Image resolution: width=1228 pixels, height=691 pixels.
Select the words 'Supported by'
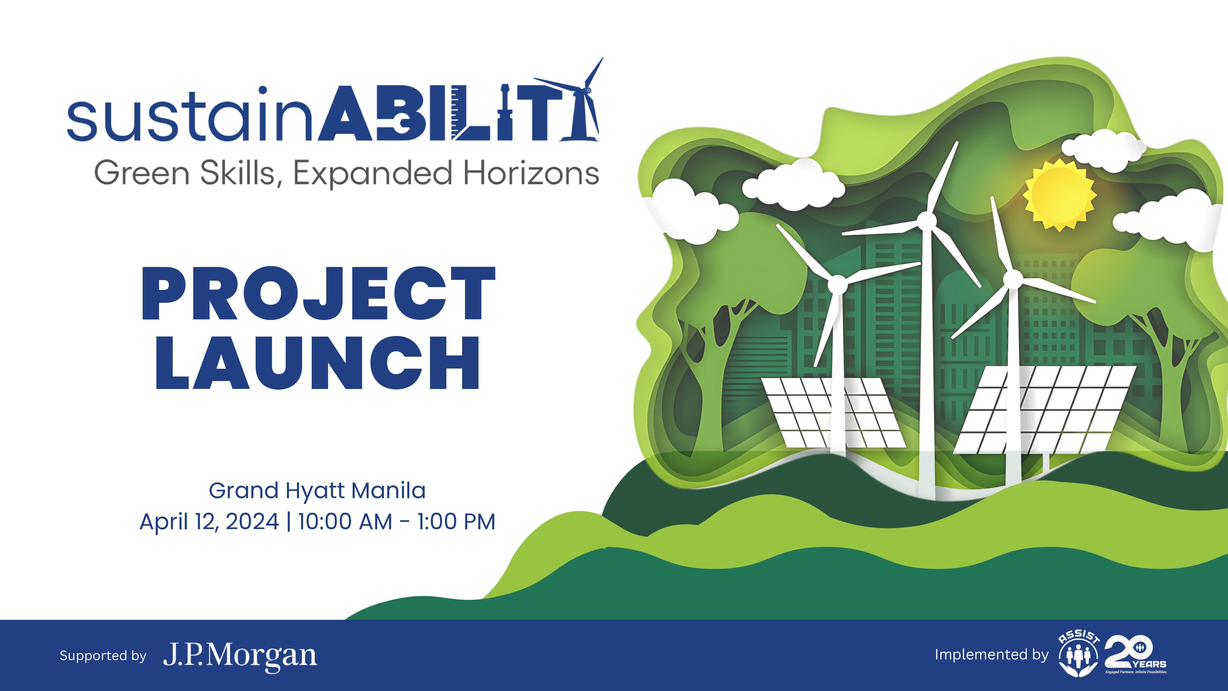(103, 656)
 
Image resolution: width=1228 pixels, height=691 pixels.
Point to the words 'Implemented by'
(992, 655)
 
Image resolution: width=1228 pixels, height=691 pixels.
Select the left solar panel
(833, 413)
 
